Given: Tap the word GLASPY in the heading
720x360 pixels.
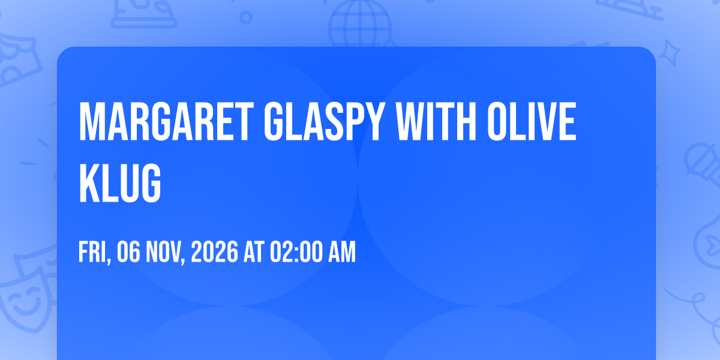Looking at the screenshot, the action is point(325,121).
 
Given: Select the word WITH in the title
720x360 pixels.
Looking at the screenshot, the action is point(436,121).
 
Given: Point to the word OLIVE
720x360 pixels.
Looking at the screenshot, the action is point(532,121).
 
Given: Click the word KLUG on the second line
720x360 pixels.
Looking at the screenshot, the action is point(120,183).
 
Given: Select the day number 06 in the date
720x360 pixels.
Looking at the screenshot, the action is point(128,252).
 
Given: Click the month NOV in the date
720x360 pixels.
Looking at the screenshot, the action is point(164,253).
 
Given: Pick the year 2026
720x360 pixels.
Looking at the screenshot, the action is point(215,252).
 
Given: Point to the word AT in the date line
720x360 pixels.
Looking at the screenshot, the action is point(254,252).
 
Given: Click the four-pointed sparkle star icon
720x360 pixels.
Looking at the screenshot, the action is point(669,53).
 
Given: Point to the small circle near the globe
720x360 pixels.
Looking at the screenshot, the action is point(246,17).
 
